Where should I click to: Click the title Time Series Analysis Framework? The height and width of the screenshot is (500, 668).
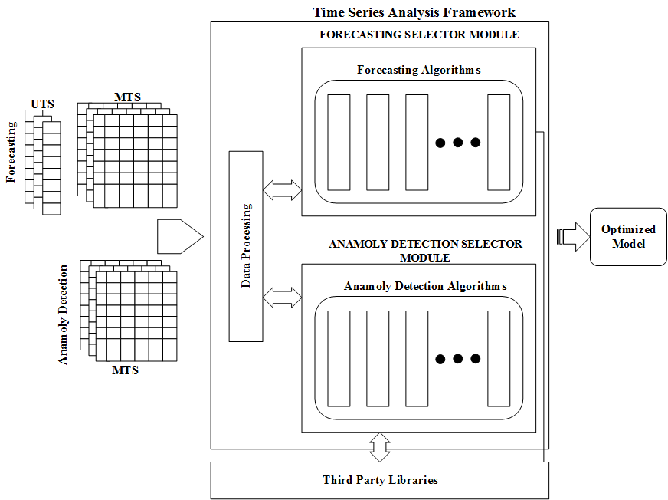[x=414, y=12]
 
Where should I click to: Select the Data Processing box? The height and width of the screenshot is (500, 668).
[x=246, y=246]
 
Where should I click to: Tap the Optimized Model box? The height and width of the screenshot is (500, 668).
[x=628, y=237]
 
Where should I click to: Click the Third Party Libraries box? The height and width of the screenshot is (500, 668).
[x=380, y=480]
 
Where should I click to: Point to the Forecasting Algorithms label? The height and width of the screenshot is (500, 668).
[x=418, y=70]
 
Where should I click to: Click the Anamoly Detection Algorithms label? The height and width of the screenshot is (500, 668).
[x=418, y=286]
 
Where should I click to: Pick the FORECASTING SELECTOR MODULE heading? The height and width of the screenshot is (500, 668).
[x=418, y=35]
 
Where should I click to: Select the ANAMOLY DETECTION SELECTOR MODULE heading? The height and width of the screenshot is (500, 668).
[x=425, y=250]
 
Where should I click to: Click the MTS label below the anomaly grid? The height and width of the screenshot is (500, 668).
[x=125, y=370]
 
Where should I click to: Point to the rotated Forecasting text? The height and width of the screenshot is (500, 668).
[x=11, y=151]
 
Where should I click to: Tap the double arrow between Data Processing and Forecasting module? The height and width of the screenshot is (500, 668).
[x=282, y=190]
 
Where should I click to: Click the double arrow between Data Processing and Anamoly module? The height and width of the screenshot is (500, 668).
[x=282, y=297]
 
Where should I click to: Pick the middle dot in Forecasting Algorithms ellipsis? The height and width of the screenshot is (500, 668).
[x=457, y=143]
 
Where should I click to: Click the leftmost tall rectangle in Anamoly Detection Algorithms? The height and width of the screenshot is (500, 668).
[x=338, y=358]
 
